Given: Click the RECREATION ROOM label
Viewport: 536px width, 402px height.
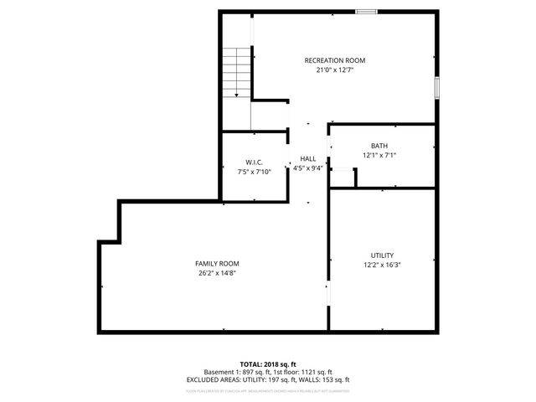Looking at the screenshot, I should click(334, 60).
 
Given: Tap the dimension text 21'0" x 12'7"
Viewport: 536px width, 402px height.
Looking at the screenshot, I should click(334, 70).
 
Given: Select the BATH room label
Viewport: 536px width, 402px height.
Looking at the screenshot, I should click(379, 146).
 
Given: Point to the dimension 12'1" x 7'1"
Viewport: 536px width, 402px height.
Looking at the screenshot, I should click(379, 155).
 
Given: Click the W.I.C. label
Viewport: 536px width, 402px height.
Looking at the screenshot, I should click(255, 162).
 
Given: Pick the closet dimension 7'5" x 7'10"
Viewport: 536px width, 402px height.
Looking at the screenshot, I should click(255, 172).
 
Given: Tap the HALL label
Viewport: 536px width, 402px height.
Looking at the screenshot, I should click(308, 158).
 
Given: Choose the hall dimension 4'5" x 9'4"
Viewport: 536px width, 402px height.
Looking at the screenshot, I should click(308, 167).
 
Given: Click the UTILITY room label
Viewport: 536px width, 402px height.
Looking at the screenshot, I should click(382, 255).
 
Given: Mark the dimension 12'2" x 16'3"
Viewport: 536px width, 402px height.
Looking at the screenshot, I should click(382, 265).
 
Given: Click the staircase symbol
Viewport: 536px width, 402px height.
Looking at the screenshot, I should click(237, 74).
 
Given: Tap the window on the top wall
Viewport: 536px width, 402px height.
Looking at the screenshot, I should click(365, 12).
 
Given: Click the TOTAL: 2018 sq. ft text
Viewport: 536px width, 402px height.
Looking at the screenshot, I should click(268, 364).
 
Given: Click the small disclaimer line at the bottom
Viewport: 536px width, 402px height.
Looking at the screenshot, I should click(268, 390).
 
